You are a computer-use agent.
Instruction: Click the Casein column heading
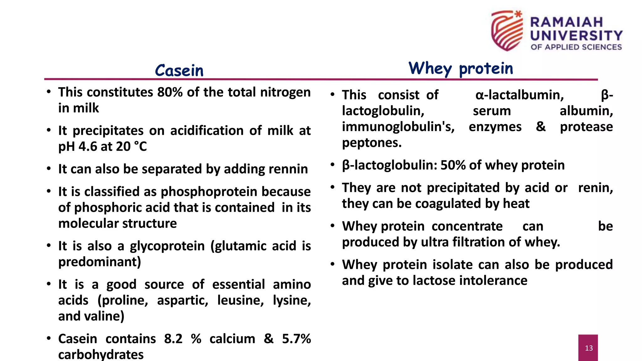tap(179, 70)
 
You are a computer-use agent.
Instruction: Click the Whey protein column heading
tap(460, 68)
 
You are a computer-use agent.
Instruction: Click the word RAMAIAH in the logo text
tap(566, 22)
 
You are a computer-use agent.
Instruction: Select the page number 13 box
tap(588, 348)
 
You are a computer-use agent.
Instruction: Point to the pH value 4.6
tap(88, 147)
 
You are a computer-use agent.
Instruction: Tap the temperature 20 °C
tap(131, 147)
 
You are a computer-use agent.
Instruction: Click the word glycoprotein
tap(167, 246)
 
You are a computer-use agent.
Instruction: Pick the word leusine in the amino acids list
tap(240, 301)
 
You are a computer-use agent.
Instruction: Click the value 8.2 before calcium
tap(173, 339)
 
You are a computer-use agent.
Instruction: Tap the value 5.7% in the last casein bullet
tap(296, 339)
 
